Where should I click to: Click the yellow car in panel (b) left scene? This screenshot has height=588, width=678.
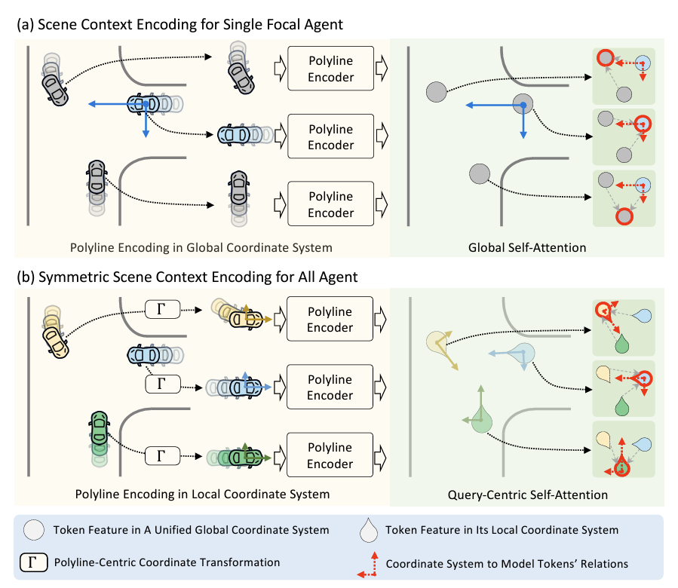(x=55, y=342)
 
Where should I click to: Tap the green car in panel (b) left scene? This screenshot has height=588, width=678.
(x=99, y=428)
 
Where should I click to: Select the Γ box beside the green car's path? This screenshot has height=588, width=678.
(x=162, y=455)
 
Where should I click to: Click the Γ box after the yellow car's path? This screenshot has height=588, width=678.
(x=162, y=310)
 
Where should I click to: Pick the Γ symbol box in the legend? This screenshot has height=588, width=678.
(x=34, y=562)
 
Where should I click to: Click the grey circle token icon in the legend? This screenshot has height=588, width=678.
(x=34, y=530)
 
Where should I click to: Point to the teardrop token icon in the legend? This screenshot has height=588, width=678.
(x=369, y=530)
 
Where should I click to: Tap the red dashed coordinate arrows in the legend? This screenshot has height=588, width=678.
(x=368, y=565)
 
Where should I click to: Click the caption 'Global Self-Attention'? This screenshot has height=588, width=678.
(x=527, y=248)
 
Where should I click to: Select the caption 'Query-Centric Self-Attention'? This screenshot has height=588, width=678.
(x=527, y=495)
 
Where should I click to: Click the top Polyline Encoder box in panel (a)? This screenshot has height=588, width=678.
(x=331, y=69)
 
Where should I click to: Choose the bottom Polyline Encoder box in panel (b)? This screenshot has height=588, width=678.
(x=330, y=455)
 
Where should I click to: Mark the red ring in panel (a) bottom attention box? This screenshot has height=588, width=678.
(x=624, y=216)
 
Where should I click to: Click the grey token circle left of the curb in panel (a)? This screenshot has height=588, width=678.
(x=437, y=92)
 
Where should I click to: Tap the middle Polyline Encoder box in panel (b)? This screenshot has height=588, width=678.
(x=330, y=387)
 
